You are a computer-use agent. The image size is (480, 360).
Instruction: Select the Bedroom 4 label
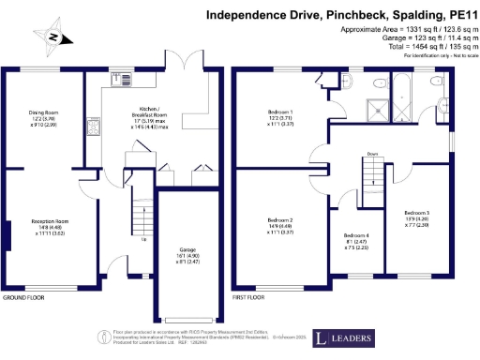(x=356, y=235)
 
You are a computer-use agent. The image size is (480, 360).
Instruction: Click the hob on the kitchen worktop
(x=92, y=126)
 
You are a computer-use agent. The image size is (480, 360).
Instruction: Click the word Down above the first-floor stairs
(x=372, y=154)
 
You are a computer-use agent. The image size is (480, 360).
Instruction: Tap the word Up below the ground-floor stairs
(x=142, y=239)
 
